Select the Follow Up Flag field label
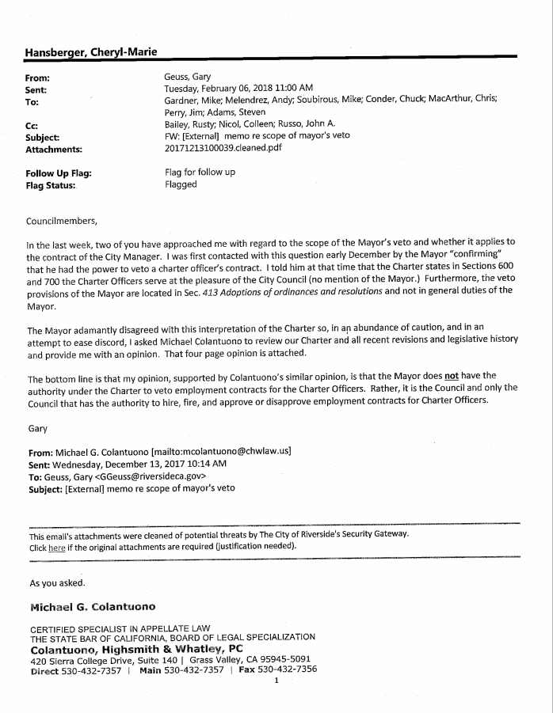59,173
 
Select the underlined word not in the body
452,375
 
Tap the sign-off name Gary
36,427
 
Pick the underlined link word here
56,547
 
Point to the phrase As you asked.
57,583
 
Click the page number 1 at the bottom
276,680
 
